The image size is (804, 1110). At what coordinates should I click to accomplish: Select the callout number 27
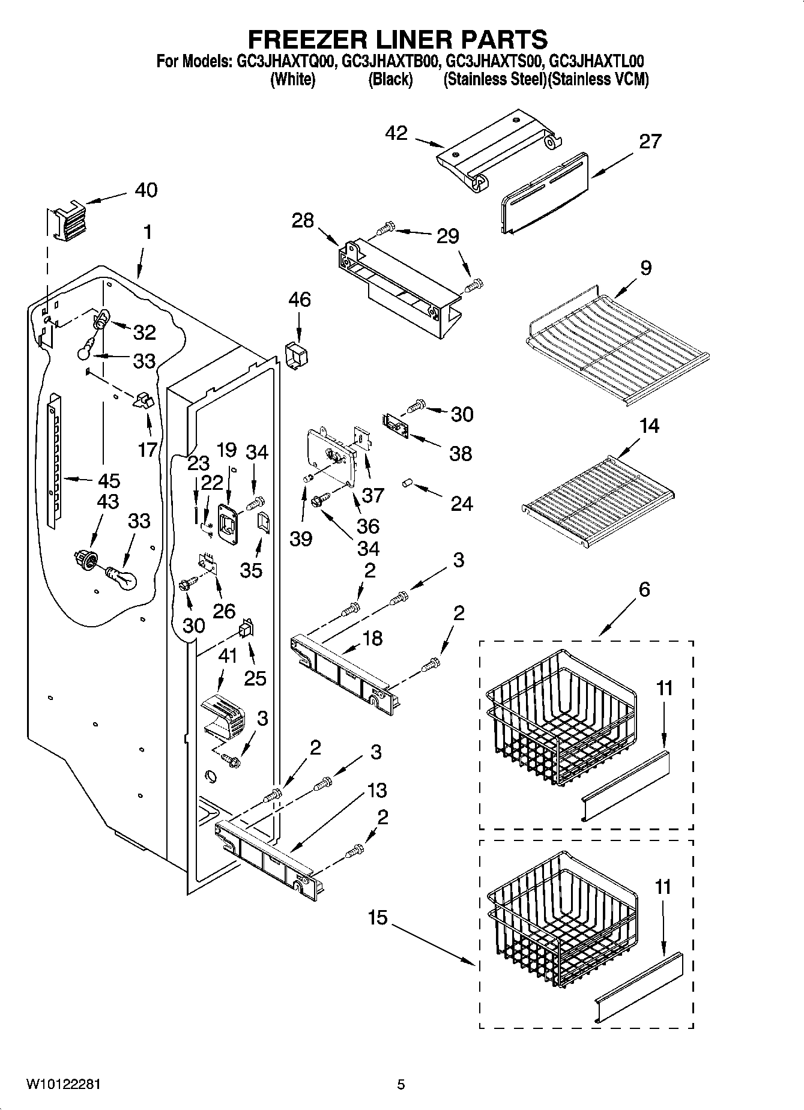pyautogui.click(x=650, y=142)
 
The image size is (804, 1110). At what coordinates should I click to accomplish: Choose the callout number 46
pyautogui.click(x=300, y=299)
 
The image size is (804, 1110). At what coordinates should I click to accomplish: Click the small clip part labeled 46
pyautogui.click(x=295, y=355)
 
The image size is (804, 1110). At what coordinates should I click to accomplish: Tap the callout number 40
pyautogui.click(x=146, y=190)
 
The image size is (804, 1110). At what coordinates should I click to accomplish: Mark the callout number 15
pyautogui.click(x=378, y=918)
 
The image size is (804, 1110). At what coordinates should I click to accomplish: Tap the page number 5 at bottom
pyautogui.click(x=400, y=1084)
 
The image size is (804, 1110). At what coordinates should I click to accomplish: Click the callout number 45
pyautogui.click(x=108, y=480)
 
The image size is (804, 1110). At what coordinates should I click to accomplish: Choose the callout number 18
pyautogui.click(x=372, y=638)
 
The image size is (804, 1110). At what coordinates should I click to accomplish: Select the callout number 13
pyautogui.click(x=376, y=791)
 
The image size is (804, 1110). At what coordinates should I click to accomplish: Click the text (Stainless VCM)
pyautogui.click(x=599, y=79)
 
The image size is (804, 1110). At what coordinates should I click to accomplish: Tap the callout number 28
pyautogui.click(x=303, y=220)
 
